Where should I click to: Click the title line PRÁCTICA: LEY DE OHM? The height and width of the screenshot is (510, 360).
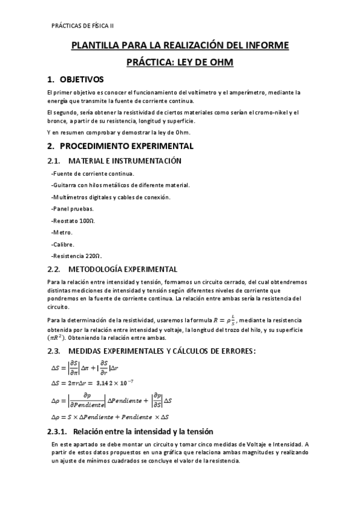coord(180,62)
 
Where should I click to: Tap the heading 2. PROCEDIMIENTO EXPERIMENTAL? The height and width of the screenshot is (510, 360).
coord(120,146)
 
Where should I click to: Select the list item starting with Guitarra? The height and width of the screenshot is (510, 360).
coord(120,185)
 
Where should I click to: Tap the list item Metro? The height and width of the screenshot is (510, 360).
coord(62,232)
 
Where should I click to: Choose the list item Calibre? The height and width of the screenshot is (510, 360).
coord(63,244)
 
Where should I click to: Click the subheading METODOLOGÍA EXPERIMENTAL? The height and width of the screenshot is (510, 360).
coord(123,269)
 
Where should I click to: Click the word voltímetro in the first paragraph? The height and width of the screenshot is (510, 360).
coord(194,92)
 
